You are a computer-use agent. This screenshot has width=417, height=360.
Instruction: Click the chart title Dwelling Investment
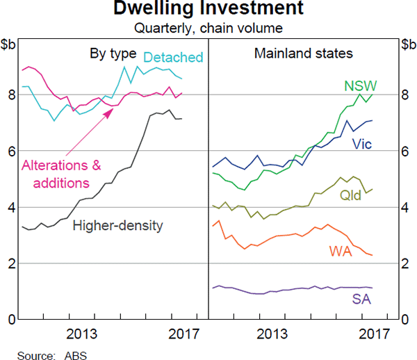click(x=208, y=10)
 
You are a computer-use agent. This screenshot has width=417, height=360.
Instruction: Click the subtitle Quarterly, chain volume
click(x=208, y=28)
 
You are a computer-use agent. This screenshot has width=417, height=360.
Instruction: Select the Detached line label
click(x=173, y=57)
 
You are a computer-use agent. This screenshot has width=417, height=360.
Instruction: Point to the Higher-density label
click(x=117, y=225)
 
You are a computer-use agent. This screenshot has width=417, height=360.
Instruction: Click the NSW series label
click(x=360, y=86)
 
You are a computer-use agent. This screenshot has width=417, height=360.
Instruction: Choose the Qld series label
click(x=351, y=196)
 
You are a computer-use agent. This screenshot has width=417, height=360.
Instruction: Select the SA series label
click(x=361, y=299)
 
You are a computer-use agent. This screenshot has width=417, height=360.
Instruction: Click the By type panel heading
click(x=113, y=53)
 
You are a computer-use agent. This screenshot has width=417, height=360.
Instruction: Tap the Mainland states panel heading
click(x=303, y=53)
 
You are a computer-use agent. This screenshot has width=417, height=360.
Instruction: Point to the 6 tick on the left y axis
click(x=11, y=151)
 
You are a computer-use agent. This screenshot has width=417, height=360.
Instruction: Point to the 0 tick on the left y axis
click(x=11, y=320)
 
